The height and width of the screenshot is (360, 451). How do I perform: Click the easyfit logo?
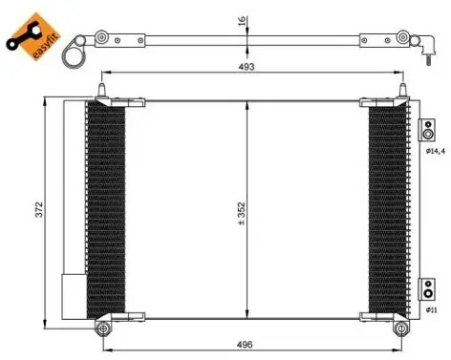(x=33, y=36)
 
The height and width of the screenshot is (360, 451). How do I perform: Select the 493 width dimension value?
(x=247, y=67)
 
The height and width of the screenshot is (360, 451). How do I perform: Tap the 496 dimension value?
(x=245, y=345)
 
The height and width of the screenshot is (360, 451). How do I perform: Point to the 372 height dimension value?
(x=39, y=209)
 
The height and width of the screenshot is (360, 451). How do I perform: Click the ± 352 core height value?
(x=242, y=214)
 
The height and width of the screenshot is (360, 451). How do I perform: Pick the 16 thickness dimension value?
(x=243, y=21)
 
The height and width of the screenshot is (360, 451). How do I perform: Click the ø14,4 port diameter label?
(x=436, y=152)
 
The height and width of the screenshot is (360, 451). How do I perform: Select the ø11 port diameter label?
(x=432, y=309)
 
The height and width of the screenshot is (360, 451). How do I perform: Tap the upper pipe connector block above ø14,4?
(x=427, y=130)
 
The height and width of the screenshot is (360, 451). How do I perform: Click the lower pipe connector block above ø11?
(x=427, y=289)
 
